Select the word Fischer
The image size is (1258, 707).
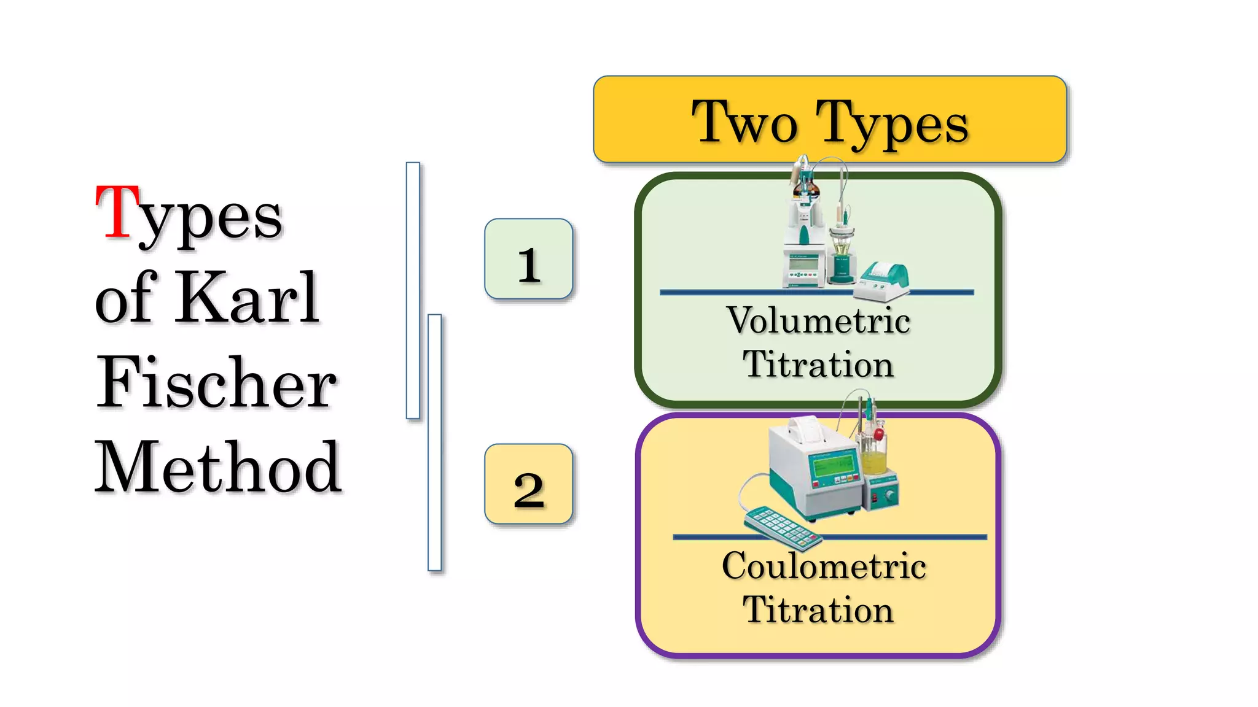[216, 383]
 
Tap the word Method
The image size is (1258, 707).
[217, 468]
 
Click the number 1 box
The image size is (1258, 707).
[528, 259]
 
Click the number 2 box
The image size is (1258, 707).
[528, 484]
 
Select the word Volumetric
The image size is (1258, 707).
[818, 320]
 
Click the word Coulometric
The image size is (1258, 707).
[824, 565]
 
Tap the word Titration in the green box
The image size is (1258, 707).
[818, 365]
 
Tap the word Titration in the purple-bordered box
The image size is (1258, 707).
[818, 609]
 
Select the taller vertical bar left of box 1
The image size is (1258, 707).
[413, 290]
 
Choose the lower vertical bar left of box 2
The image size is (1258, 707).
[434, 442]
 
